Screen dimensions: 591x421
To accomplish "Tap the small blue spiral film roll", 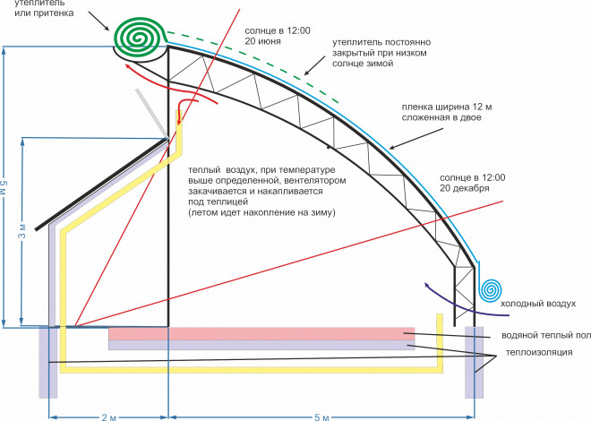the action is coord(491,289).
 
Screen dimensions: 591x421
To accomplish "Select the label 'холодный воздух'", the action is coord(538,304).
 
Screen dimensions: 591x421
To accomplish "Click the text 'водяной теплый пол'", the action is coord(545,335).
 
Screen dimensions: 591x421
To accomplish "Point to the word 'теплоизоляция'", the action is coord(539,352).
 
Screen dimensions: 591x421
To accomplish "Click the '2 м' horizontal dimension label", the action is coord(109,417).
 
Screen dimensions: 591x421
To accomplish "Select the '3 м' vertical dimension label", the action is coord(23,231).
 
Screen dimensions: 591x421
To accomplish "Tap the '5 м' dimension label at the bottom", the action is coord(321,417).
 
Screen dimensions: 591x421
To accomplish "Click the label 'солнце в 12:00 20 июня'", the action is coord(278,36).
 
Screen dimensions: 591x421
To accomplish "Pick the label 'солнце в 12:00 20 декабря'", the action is coord(472,183).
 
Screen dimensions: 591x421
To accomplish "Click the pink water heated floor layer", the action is coord(261,334).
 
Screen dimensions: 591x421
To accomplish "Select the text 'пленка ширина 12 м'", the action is coord(447,107).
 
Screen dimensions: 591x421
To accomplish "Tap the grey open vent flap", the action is coord(152,114).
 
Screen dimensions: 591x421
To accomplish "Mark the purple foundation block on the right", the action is coord(475,362).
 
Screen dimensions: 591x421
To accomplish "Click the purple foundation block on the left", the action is coord(48,362).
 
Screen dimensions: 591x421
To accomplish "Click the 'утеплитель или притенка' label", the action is coord(44,8).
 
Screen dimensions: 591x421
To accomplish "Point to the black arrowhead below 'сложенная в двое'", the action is coord(392,147).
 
